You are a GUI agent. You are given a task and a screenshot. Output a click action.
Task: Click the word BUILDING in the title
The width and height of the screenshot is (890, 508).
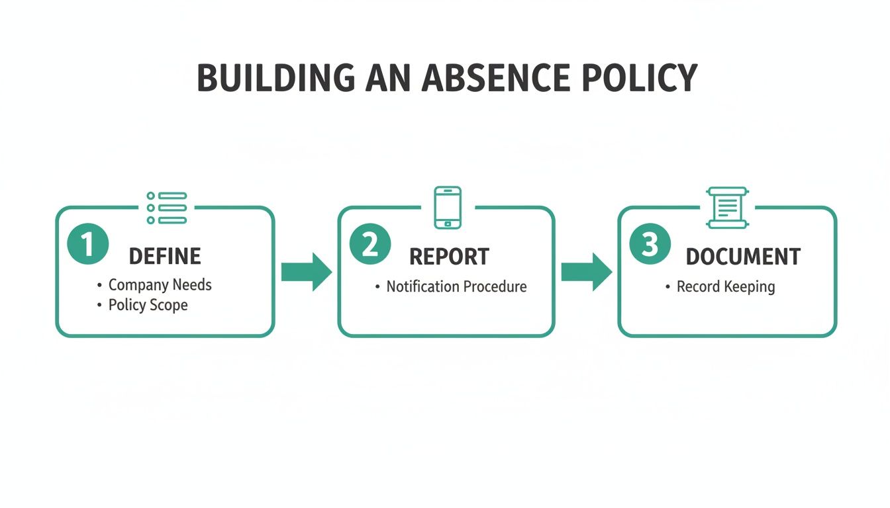tap(276, 78)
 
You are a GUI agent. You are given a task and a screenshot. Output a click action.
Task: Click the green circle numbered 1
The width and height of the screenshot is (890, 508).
tap(87, 245)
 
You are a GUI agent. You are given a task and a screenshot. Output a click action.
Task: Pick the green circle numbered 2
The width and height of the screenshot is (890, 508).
tap(370, 245)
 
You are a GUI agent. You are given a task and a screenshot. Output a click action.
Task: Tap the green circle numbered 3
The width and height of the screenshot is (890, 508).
tap(650, 245)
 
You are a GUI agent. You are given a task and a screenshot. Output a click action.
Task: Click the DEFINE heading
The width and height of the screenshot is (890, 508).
tap(165, 256)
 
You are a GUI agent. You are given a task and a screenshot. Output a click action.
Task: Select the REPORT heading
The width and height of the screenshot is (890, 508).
tap(449, 257)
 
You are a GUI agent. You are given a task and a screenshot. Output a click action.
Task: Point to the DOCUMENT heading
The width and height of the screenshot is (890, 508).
tap(743, 257)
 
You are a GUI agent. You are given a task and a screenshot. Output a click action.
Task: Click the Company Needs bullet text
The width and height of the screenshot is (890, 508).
tap(160, 285)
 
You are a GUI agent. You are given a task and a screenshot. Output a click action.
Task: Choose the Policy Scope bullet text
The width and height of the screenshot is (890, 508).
tap(148, 305)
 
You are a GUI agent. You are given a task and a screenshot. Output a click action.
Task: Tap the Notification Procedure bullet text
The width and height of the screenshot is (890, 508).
tap(456, 286)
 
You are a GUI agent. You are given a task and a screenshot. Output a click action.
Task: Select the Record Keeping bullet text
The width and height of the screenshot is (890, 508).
tap(725, 287)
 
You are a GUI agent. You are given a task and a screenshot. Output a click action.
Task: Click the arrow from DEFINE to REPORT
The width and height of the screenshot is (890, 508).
tap(306, 271)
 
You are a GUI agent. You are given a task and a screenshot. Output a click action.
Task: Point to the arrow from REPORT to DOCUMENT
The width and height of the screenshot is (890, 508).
tap(586, 271)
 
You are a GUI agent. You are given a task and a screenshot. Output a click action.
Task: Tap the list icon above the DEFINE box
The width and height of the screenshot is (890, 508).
tap(167, 208)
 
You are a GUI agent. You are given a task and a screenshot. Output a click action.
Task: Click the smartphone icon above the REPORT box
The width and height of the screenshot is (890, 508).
tap(448, 208)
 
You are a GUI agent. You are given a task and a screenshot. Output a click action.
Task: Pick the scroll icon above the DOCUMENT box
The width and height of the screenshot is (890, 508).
tap(726, 208)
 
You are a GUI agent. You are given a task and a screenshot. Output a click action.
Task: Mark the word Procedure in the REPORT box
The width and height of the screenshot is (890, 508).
tap(495, 286)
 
